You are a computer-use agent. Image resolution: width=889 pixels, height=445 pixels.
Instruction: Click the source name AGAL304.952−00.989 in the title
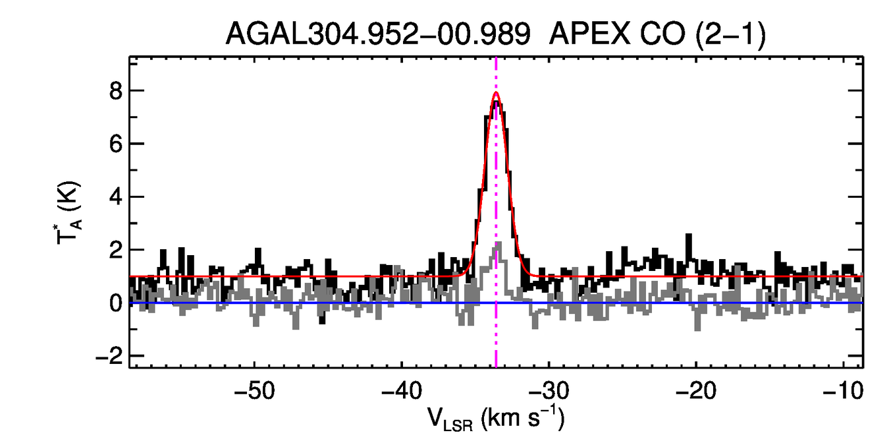pyautogui.click(x=378, y=34)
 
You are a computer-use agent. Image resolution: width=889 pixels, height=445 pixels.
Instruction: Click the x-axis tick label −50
pyautogui.click(x=254, y=390)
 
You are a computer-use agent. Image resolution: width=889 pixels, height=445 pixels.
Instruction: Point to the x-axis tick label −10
pyautogui.click(x=840, y=390)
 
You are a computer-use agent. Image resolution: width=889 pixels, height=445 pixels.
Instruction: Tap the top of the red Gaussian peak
pyautogui.click(x=496, y=93)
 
